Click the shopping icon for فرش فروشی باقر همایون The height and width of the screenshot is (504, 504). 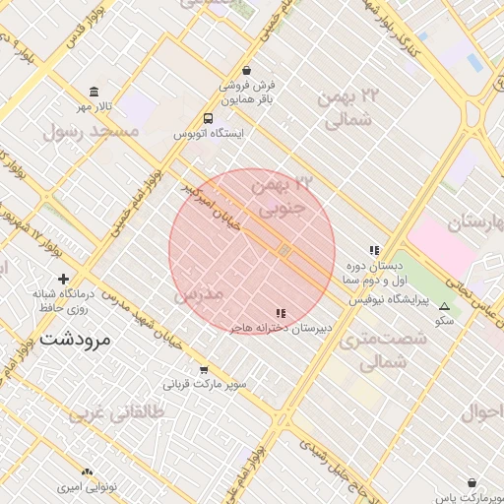click(245, 70)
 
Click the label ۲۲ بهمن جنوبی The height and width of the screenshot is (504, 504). click(283, 196)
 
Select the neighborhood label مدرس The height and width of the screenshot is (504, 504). click(200, 295)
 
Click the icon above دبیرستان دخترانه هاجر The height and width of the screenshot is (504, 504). click(282, 313)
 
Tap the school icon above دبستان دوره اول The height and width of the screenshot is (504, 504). click(373, 250)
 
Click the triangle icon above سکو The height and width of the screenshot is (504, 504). click(444, 305)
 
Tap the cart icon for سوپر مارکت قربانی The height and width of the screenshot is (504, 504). click(204, 371)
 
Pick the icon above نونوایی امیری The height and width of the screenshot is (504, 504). click(88, 472)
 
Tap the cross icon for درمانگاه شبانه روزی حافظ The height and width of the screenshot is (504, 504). click(64, 280)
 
